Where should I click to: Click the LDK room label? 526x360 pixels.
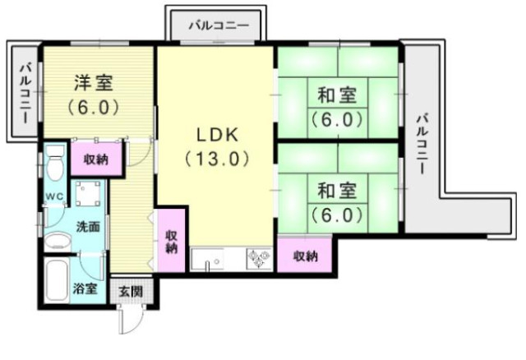[215, 134]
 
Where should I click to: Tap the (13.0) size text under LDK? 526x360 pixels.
[215, 158]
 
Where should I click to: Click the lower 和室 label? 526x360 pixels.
[337, 192]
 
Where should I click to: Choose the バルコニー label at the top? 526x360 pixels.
[218, 24]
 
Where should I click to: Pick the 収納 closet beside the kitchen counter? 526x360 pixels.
[306, 256]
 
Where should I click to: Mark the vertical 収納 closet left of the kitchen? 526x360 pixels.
[171, 241]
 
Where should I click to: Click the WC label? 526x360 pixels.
[54, 196]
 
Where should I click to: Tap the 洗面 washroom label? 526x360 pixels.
[88, 227]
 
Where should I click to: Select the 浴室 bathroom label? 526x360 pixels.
[85, 288]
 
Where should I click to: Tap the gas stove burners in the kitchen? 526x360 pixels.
[260, 260]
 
